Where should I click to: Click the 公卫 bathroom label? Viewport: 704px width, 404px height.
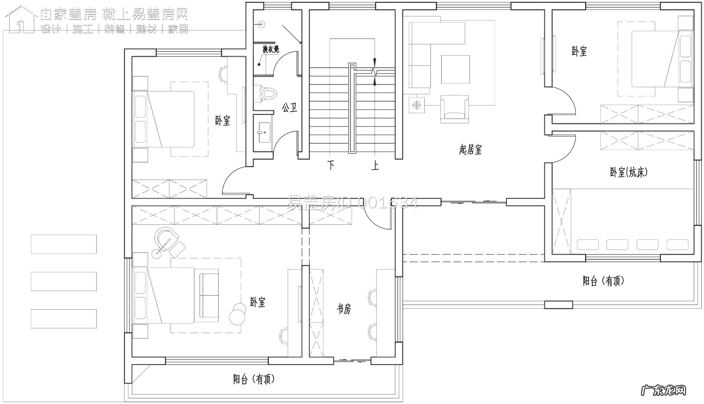(289, 108)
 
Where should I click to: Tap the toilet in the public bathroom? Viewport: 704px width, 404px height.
(266, 94)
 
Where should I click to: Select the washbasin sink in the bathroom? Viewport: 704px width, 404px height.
(263, 132)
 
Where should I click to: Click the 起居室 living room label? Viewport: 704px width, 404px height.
(470, 150)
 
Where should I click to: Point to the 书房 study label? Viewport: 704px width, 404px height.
(344, 309)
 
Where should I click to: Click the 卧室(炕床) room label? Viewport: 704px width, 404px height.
(628, 172)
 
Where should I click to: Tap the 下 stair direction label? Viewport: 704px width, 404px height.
(331, 165)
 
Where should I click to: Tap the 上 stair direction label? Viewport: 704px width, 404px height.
(375, 165)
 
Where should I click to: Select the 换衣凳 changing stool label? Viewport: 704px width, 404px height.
(270, 49)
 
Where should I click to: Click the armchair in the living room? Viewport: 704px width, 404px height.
(454, 109)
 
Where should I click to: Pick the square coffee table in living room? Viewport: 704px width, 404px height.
(455, 69)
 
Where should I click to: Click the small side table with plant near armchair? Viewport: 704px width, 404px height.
(416, 105)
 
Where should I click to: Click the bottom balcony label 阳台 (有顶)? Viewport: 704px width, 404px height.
(254, 379)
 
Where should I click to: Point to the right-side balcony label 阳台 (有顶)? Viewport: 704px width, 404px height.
(604, 281)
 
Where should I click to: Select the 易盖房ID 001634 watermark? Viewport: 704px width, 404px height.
(352, 203)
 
